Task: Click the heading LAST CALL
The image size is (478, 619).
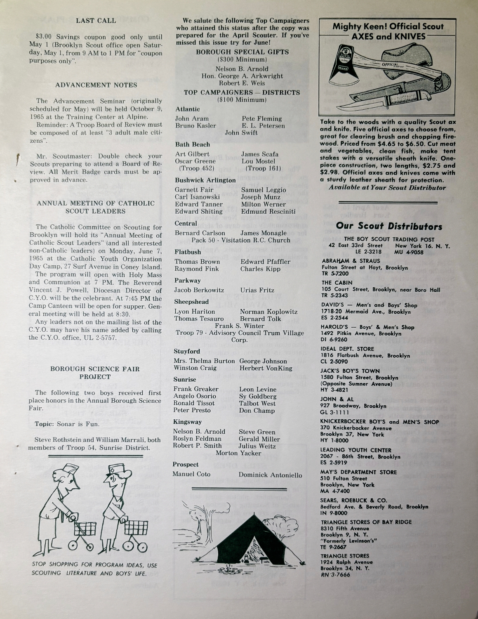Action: tap(96, 21)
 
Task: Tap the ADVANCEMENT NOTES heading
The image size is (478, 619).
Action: tap(96, 85)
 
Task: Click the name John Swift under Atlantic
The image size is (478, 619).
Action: tap(241, 133)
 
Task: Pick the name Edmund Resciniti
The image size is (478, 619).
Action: tap(268, 212)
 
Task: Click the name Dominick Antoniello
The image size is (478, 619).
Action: tap(270, 475)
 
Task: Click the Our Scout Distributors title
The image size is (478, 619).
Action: tap(389, 226)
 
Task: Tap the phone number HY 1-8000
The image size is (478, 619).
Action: tap(334, 441)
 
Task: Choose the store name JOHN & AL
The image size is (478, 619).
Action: tap(337, 399)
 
